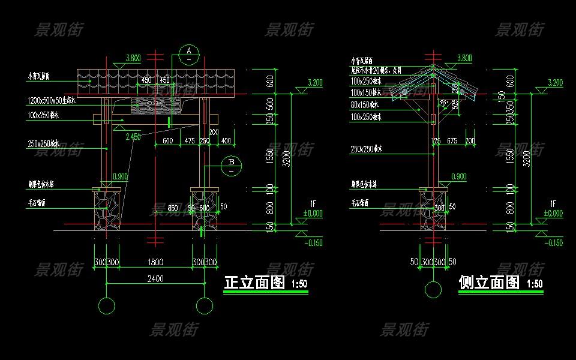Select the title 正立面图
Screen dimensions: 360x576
coord(254,283)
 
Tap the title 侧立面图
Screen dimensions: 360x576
coord(488,283)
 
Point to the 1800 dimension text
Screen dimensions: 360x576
coord(155,262)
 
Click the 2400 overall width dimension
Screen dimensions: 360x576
coord(155,278)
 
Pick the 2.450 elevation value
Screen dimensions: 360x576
coord(133,137)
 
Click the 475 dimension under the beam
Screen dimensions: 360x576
coord(189,141)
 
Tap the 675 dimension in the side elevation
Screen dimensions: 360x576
coord(452,141)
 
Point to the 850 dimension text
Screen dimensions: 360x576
coord(173,208)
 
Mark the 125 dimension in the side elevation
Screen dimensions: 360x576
coord(436,141)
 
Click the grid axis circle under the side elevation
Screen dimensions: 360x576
coord(433,290)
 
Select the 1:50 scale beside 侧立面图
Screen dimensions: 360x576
coord(535,284)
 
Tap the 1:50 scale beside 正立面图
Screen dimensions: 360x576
coord(299,284)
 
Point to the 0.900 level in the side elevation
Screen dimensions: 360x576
coord(458,176)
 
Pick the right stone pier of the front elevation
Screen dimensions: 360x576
coord(204,209)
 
